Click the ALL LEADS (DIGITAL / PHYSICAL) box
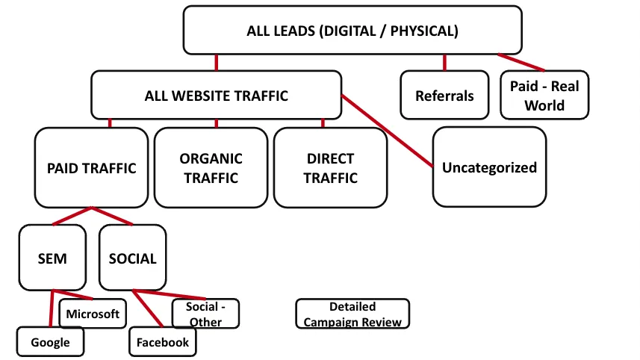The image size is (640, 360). click(x=352, y=31)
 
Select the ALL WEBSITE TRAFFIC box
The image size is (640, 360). click(x=216, y=96)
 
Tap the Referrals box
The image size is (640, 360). click(x=444, y=96)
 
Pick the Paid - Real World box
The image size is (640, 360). click(x=544, y=96)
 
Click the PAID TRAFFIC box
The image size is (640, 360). click(x=91, y=168)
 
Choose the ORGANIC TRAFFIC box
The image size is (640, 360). click(x=211, y=168)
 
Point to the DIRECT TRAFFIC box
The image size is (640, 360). click(x=330, y=168)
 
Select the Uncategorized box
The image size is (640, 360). click(x=489, y=167)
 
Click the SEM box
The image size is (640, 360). click(x=52, y=259)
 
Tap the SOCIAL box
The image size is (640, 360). click(x=132, y=259)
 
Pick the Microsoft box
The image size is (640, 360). click(x=93, y=314)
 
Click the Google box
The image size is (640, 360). click(x=50, y=343)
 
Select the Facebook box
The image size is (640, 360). click(x=162, y=343)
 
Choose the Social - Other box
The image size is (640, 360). click(x=205, y=314)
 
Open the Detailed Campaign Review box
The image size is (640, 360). click(x=352, y=314)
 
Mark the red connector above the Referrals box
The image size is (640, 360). click(x=444, y=62)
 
